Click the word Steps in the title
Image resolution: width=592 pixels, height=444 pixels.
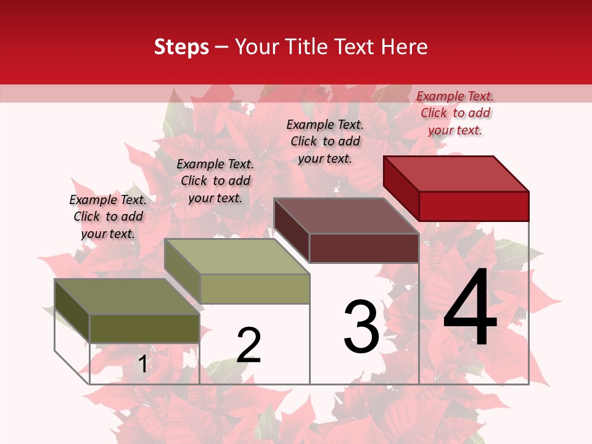181,47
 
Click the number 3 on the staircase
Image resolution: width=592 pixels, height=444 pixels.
361,327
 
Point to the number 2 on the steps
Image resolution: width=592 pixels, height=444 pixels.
249,345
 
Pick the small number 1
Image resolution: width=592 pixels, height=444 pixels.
142,364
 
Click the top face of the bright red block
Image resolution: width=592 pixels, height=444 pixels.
456,173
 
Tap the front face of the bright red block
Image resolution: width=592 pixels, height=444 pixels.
474,206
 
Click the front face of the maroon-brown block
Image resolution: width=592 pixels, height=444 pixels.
364,248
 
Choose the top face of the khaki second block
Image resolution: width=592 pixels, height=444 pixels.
237,257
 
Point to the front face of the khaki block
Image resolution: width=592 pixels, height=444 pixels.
255,289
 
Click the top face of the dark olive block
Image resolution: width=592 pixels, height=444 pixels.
127,297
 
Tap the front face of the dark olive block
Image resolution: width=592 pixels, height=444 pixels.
144,329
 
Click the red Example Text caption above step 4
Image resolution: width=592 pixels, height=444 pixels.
455,113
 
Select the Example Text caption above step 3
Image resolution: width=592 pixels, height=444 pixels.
325,141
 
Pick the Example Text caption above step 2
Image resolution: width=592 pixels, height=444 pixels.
215,181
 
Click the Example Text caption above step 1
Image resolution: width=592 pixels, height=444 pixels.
108,216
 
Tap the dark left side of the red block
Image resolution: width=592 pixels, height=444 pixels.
401,188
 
